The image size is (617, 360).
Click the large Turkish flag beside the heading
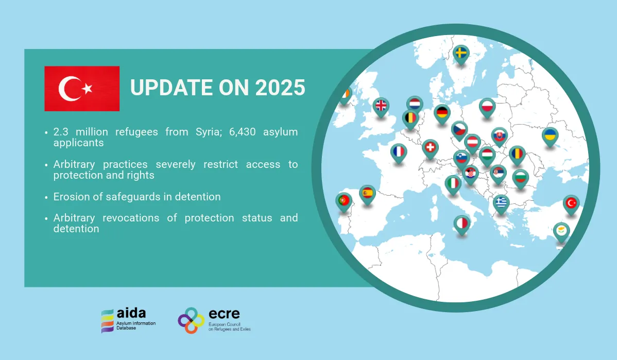click(82, 89)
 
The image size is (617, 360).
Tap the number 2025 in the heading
click(280, 88)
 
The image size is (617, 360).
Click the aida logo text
click(131, 313)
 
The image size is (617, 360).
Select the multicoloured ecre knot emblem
click(191, 320)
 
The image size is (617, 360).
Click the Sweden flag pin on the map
click(461, 54)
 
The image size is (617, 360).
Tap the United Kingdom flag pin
click(381, 107)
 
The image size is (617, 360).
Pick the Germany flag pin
click(442, 114)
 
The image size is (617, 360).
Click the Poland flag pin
click(487, 108)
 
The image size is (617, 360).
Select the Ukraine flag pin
click(550, 136)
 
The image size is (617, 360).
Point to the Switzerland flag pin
click(430, 148)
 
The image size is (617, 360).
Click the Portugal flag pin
click(344, 201)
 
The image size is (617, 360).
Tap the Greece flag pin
click(501, 203)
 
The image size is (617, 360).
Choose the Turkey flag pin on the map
click(571, 204)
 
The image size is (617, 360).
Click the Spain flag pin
click(368, 194)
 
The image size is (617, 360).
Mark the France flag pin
click(399, 152)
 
